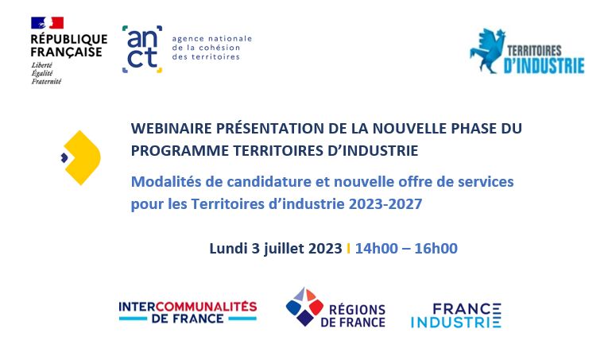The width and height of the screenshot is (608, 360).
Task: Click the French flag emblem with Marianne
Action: point(48,23)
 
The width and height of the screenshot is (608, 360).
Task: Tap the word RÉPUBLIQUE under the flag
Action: point(69,39)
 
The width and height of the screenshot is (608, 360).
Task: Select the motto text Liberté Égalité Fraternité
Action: point(46,73)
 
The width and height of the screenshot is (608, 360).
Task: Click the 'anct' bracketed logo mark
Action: point(142,49)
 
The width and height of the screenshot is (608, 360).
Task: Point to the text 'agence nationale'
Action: point(211,39)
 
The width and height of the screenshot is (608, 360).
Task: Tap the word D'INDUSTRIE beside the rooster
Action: point(544,65)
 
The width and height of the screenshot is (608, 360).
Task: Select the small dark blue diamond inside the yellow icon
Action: point(64,157)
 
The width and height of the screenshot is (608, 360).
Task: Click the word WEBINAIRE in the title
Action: point(171,128)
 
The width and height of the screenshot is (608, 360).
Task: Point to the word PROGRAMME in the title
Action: point(180,151)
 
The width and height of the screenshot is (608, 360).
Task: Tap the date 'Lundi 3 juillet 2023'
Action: point(276,249)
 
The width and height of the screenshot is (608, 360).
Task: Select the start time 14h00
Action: point(377,249)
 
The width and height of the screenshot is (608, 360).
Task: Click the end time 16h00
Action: point(436,249)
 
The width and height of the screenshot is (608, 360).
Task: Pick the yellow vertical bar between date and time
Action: point(348,249)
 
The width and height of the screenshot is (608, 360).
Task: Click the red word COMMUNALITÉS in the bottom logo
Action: point(206,307)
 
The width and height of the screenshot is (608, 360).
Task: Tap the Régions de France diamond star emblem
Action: point(304,307)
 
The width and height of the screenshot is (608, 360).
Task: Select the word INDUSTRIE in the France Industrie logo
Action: point(456,323)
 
